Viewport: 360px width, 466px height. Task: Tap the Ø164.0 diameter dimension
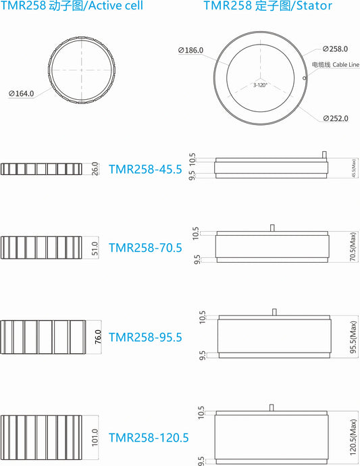coord(22,94)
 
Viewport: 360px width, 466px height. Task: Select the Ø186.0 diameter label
coord(191,50)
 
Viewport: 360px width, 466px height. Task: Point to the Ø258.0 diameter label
coord(335,49)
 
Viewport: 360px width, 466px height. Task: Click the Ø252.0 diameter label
coord(335,118)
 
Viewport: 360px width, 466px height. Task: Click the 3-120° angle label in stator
coord(260,85)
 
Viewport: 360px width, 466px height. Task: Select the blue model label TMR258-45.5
coord(145,170)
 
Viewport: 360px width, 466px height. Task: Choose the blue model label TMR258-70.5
coord(145,248)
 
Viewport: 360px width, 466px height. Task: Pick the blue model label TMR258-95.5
coord(145,337)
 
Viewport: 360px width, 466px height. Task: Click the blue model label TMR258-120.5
coord(149,438)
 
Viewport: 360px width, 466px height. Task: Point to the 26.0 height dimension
coord(95,169)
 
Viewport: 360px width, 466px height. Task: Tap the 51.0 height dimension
coord(95,248)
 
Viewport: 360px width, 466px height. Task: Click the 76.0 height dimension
coord(98,337)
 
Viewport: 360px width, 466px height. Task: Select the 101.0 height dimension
coord(95,438)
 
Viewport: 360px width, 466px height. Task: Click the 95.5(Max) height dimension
coord(352,336)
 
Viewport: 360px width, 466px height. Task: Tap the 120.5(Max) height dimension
coord(352,437)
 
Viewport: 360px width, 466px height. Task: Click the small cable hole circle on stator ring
coord(305,77)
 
